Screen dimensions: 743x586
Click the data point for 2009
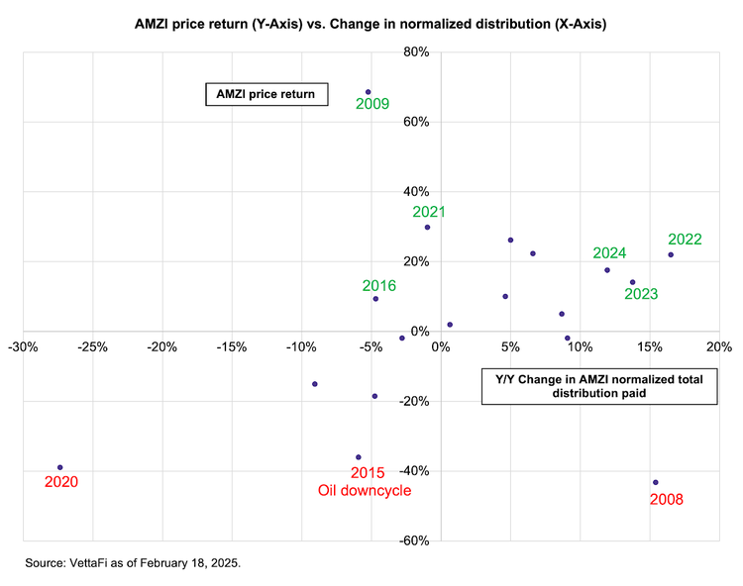point(369,92)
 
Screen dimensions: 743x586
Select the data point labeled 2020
point(60,467)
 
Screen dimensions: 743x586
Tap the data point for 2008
point(656,482)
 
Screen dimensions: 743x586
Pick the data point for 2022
point(671,254)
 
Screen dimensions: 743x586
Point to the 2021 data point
point(427,228)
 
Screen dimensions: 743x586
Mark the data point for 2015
point(359,457)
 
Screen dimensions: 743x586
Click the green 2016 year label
point(379,286)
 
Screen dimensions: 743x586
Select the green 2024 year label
point(609,253)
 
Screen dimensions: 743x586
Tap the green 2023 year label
point(641,294)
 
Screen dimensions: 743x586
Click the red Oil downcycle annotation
point(365,490)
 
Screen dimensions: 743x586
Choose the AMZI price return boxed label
point(266,94)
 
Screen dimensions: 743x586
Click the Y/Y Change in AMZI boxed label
point(599,386)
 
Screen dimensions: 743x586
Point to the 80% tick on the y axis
point(416,52)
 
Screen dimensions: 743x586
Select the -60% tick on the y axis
point(414,540)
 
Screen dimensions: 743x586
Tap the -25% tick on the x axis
point(93,347)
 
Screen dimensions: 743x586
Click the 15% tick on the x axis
point(650,347)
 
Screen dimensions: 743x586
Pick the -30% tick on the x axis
point(23,347)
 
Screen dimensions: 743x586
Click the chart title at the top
point(371,24)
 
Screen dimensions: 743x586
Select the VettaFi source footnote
point(133,563)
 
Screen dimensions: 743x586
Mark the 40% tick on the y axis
point(416,192)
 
